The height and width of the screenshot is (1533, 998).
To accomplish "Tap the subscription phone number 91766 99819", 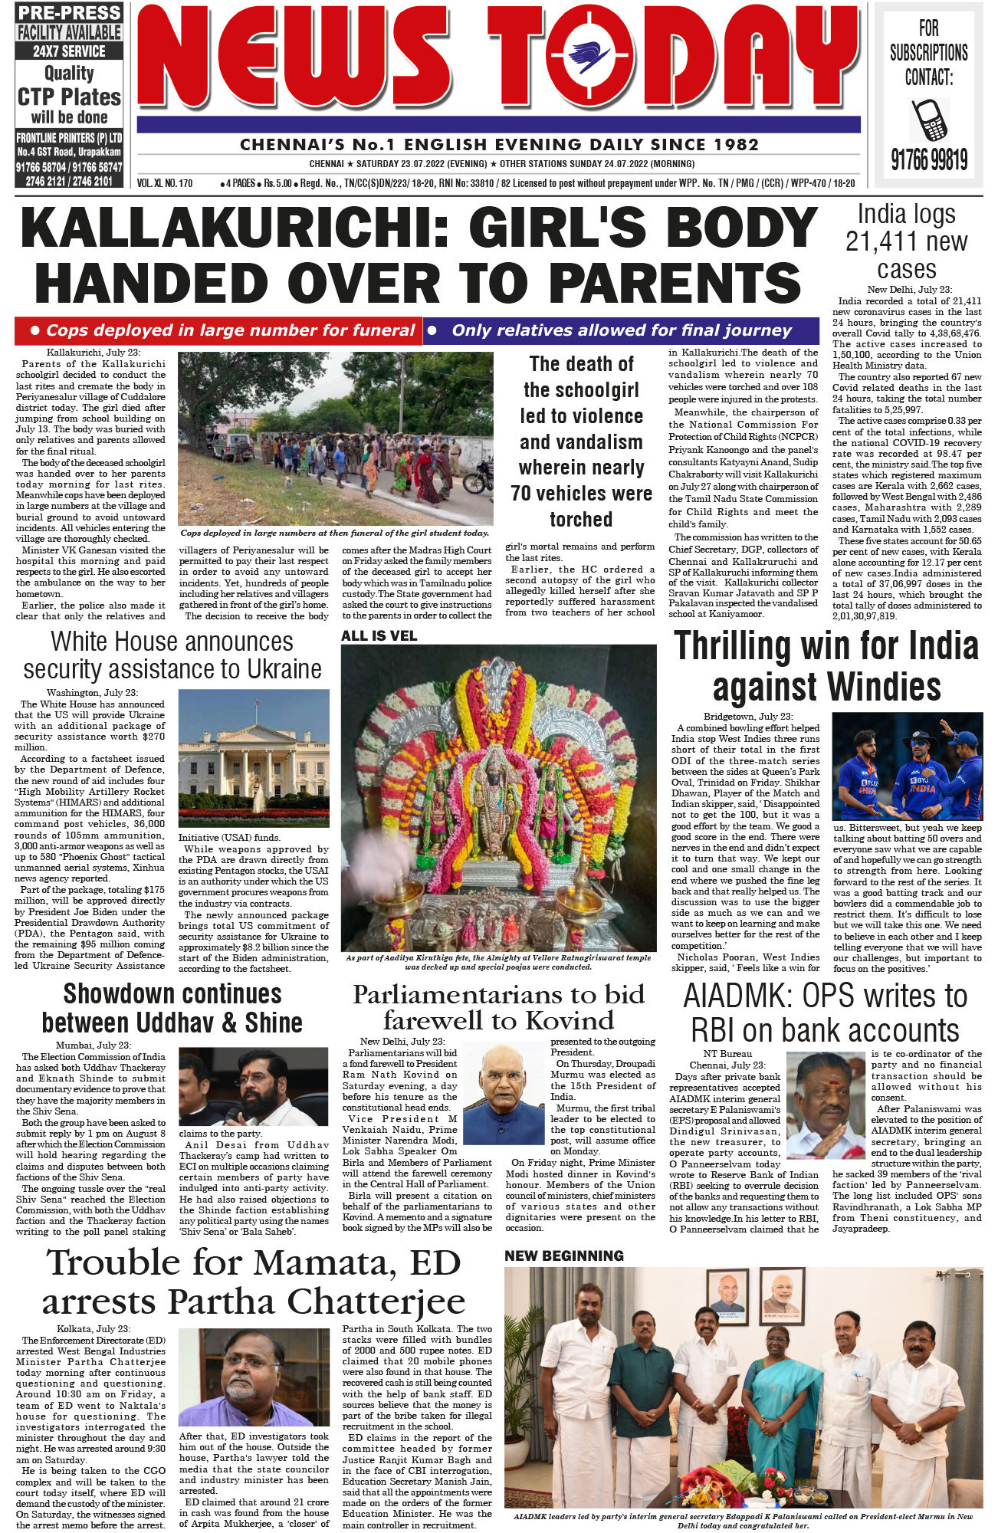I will point(928,159).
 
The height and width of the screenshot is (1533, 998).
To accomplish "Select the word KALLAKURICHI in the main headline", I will point(235,228).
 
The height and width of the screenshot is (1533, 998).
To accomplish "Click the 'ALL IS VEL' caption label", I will point(379,635).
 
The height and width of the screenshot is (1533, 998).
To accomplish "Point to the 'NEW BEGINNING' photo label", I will point(564,1256).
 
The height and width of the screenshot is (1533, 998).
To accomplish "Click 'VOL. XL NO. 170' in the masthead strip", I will point(165,184).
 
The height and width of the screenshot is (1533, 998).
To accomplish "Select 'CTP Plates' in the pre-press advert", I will point(69,97).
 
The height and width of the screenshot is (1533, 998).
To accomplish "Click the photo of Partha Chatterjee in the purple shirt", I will point(253,1377).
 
